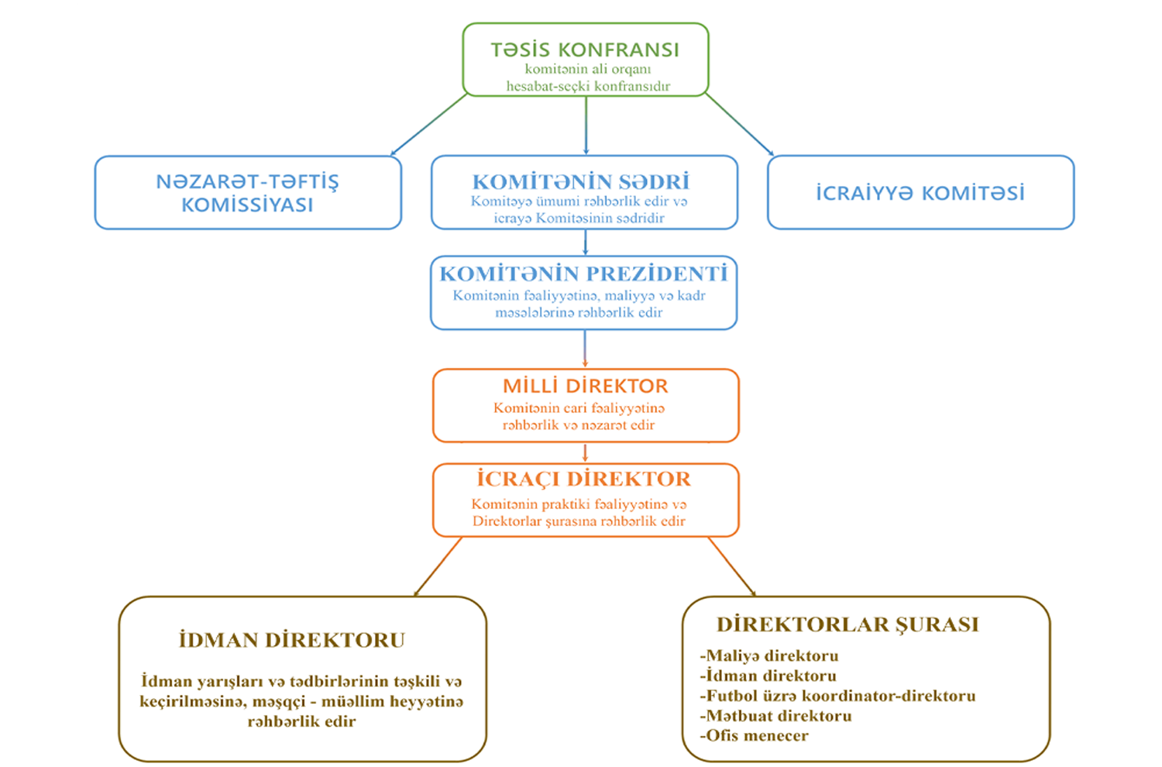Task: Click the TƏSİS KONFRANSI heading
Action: click(x=585, y=50)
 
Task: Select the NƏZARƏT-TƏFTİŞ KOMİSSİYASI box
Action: click(x=248, y=193)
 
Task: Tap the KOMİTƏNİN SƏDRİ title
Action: click(x=581, y=181)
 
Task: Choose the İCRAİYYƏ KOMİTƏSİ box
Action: click(x=920, y=193)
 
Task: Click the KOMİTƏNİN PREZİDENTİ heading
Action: click(x=583, y=273)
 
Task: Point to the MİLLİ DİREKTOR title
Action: click(x=585, y=386)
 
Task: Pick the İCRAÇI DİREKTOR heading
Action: click(x=584, y=479)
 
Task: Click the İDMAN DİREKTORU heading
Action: click(x=292, y=640)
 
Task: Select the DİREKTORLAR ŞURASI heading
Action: click(x=847, y=624)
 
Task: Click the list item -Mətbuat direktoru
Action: click(x=775, y=716)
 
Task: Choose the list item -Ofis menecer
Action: click(x=754, y=736)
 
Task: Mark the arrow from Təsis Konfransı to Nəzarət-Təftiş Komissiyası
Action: click(x=428, y=125)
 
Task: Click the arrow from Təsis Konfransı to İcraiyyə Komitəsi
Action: click(x=739, y=125)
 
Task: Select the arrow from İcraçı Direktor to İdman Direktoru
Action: click(x=438, y=566)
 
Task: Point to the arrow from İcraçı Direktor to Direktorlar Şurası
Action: click(x=731, y=566)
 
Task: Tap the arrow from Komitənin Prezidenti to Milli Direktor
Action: click(x=585, y=349)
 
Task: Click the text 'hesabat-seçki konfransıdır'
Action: click(x=588, y=86)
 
